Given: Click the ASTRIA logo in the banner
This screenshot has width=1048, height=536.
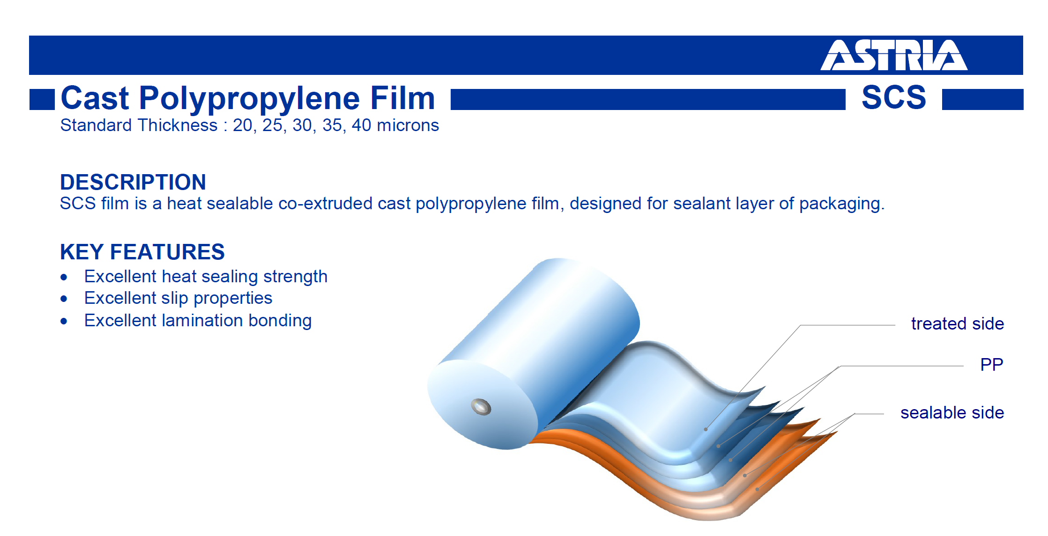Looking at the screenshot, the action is click(894, 55).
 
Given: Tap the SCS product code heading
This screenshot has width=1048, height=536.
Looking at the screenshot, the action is click(894, 97).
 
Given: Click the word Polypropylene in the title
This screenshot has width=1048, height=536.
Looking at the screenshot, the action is click(250, 99).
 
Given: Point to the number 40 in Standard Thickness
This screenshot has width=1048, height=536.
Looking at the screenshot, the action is click(361, 125).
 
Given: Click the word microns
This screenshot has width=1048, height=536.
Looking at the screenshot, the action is click(408, 125).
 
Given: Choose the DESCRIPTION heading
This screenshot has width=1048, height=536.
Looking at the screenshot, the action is click(133, 182).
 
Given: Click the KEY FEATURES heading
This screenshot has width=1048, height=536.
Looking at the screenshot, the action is click(142, 252).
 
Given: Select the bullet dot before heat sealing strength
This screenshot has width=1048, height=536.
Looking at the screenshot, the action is click(64, 278).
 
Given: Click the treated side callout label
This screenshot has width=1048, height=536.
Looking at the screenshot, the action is click(958, 323).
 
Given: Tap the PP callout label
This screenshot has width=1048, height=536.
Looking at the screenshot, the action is click(992, 365).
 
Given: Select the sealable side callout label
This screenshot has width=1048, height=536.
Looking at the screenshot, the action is click(952, 412).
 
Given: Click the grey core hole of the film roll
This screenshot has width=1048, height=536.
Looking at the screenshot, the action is click(481, 407).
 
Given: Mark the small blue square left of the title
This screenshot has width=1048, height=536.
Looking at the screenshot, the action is click(42, 100).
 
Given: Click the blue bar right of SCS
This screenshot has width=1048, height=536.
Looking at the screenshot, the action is click(983, 100).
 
